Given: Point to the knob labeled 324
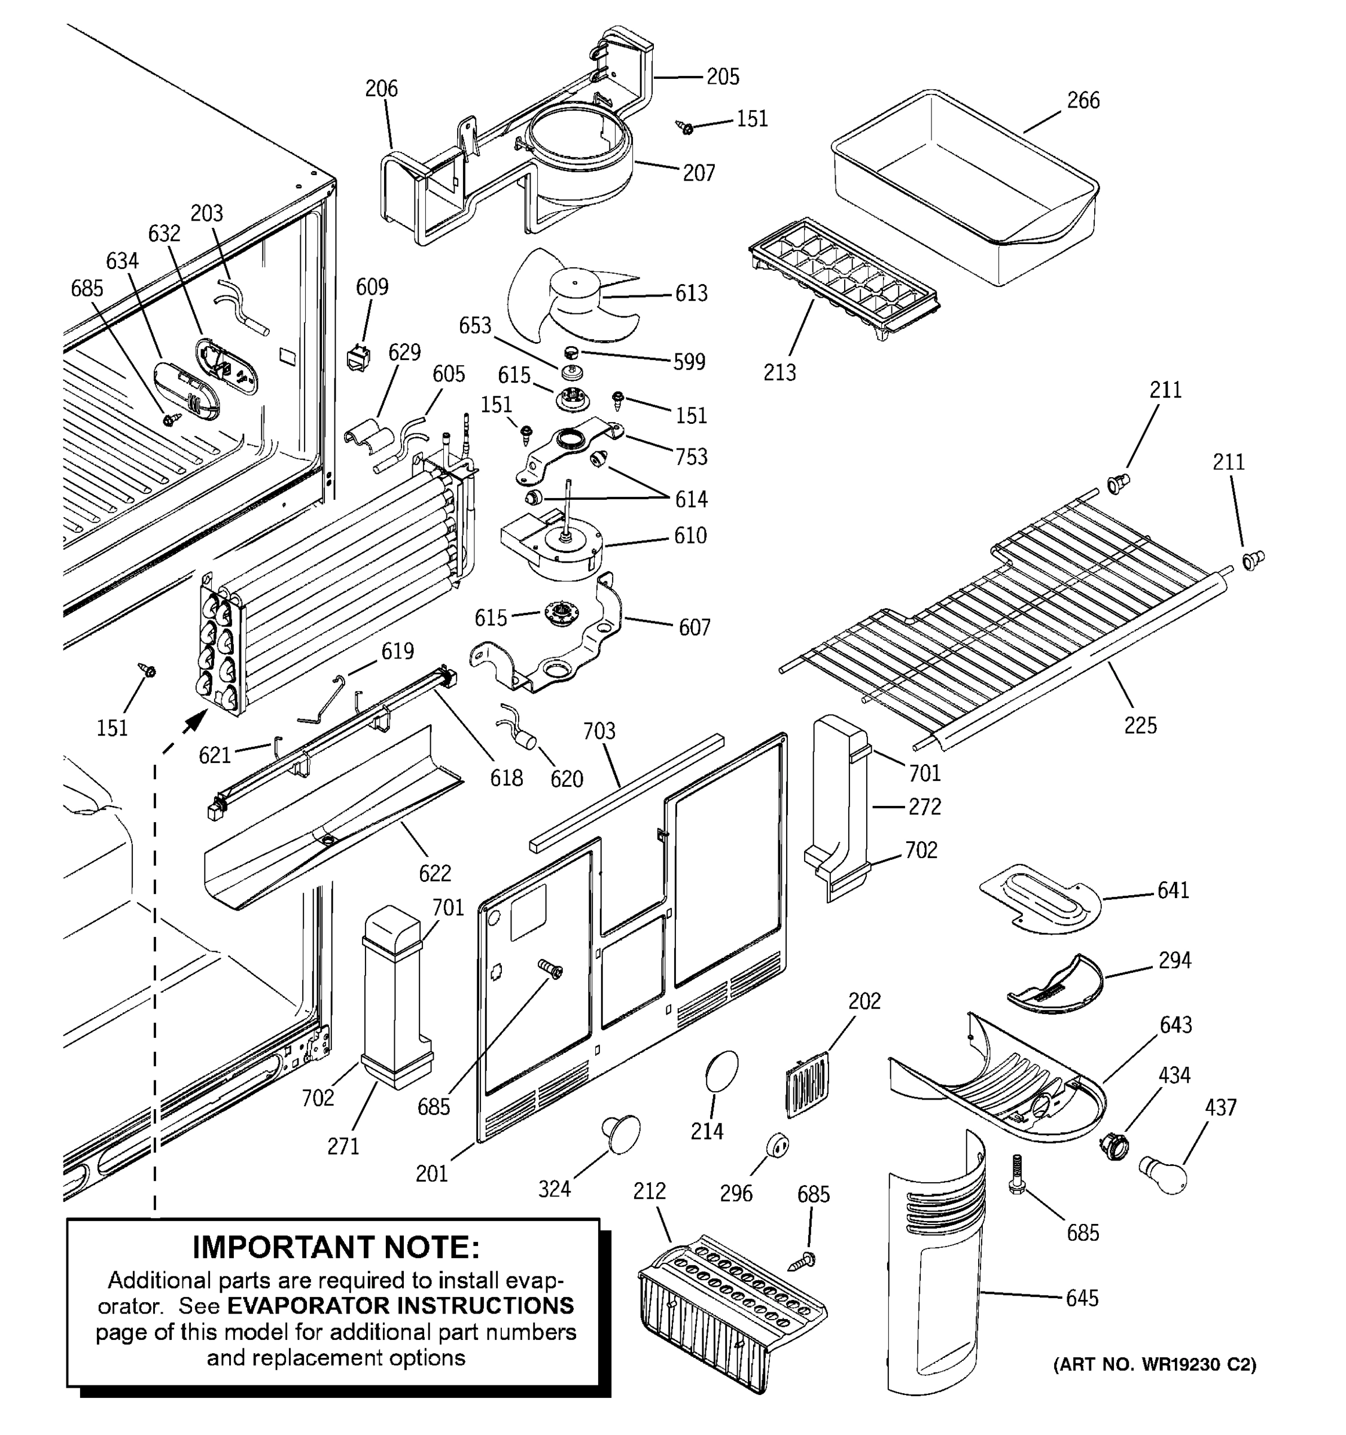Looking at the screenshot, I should [x=621, y=1133].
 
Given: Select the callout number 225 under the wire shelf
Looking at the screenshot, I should [x=1140, y=725].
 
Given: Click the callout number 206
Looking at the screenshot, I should [x=381, y=88].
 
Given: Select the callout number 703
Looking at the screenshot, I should [x=599, y=731].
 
